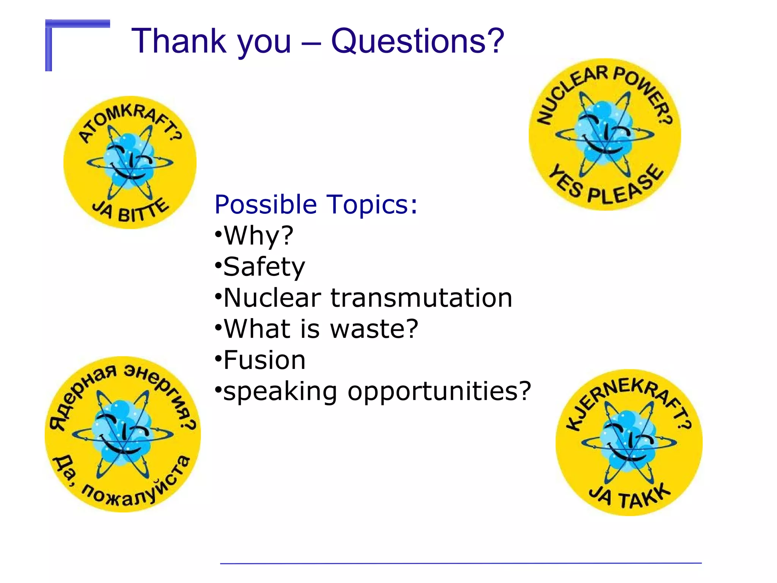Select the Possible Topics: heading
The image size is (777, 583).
click(316, 205)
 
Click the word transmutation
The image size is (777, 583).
click(421, 298)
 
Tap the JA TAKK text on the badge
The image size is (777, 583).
click(630, 497)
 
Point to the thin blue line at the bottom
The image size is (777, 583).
click(461, 563)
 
